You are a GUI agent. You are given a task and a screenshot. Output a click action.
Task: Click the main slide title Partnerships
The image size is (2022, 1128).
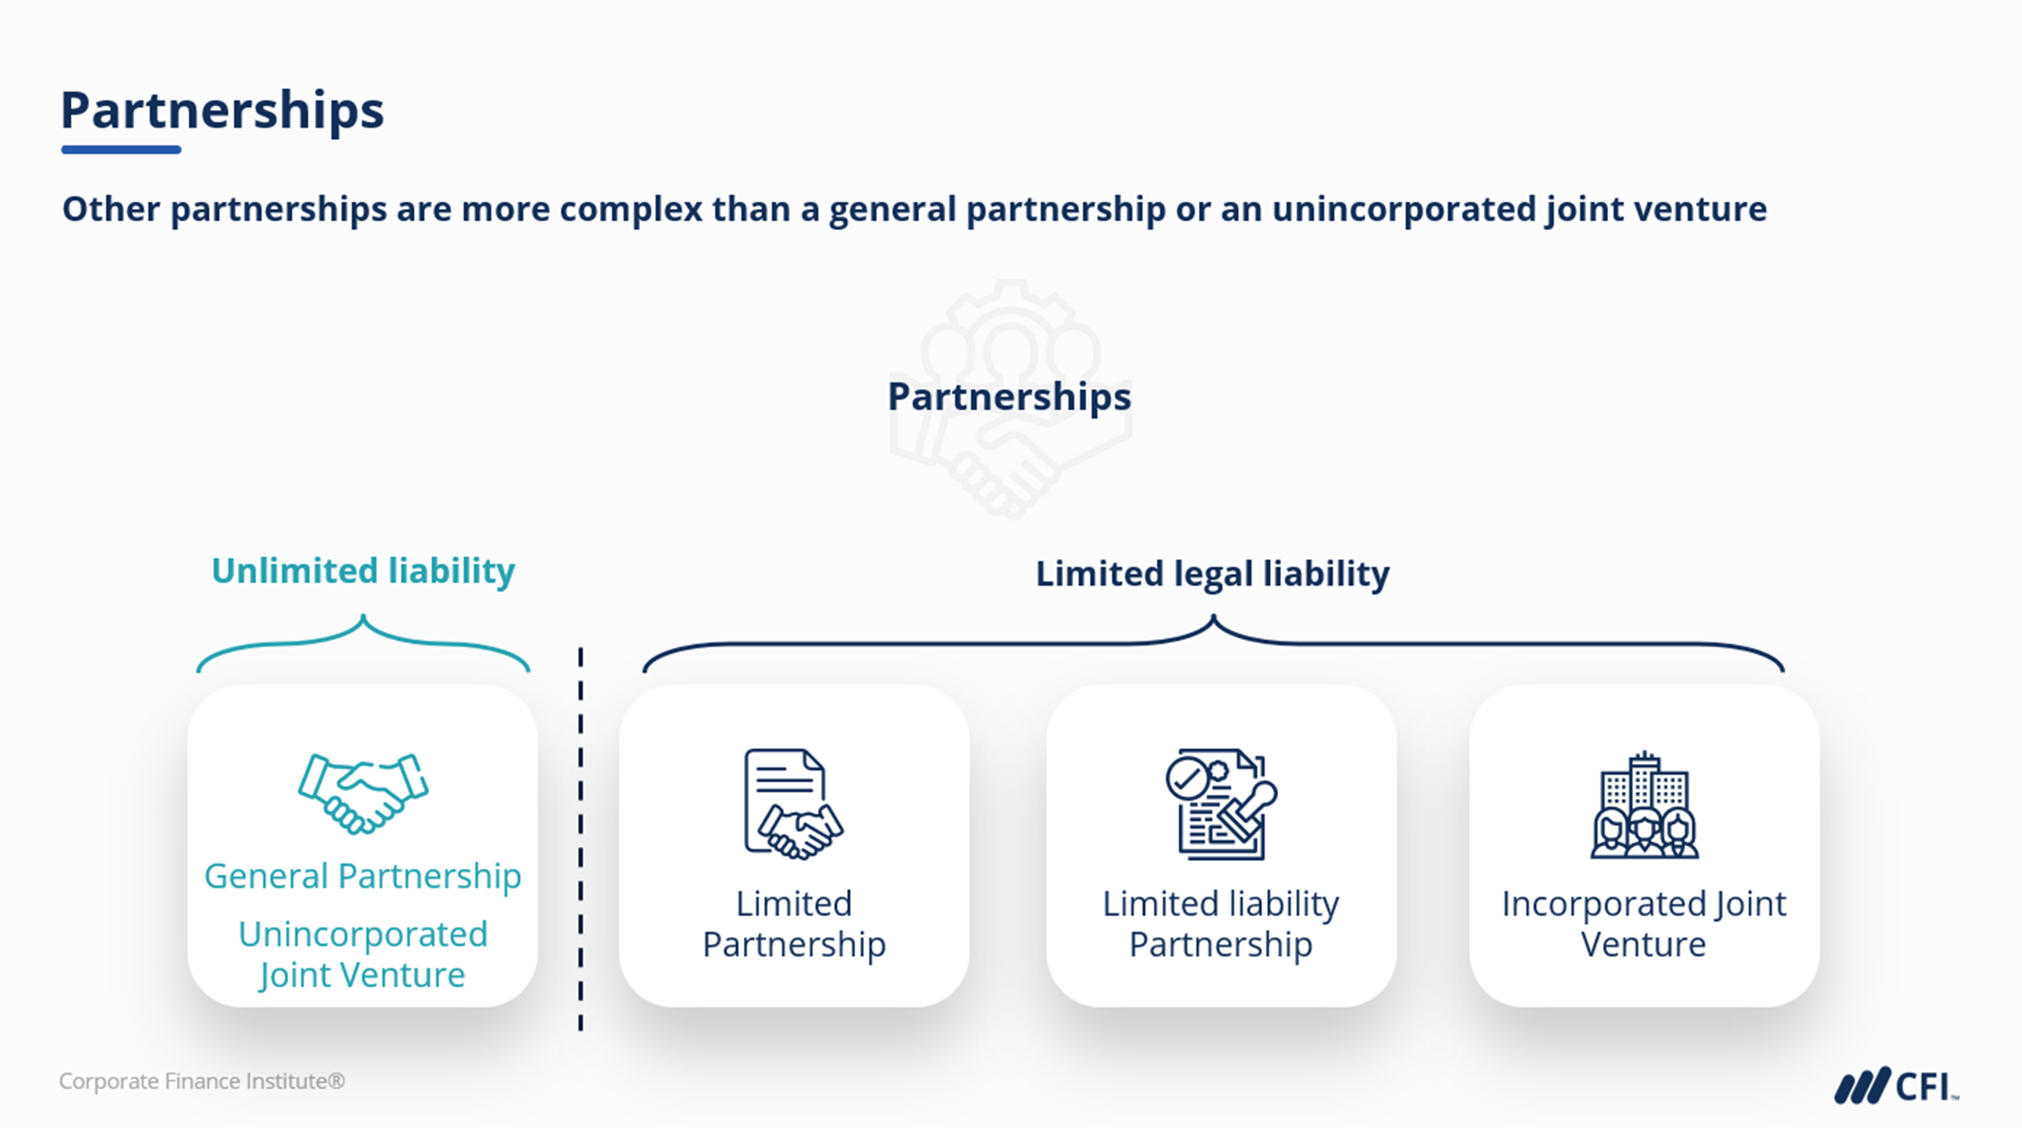coord(222,110)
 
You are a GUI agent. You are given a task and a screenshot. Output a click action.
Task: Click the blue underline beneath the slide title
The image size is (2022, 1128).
coord(121,149)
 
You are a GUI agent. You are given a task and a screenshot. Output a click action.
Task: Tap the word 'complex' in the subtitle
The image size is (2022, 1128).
coord(630,210)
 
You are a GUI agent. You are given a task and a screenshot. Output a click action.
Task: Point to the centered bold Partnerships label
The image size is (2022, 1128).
coord(1009,396)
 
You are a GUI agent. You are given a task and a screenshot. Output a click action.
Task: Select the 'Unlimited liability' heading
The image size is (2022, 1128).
coord(362,570)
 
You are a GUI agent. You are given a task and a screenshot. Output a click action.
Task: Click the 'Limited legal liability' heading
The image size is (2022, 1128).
coord(1212,573)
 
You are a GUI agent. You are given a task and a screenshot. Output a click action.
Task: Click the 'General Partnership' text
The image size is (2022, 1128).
coord(362,876)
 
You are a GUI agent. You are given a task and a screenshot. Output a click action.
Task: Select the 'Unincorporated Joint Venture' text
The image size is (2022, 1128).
coord(362,955)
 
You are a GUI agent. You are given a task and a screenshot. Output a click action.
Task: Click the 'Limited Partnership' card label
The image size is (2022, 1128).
coord(794,924)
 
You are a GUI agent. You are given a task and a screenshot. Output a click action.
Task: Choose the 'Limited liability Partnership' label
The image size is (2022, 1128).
coord(1221,924)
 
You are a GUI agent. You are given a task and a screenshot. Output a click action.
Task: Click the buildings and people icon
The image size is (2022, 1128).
coord(1644,806)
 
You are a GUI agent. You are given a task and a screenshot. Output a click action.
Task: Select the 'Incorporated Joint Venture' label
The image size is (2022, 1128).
coord(1644,924)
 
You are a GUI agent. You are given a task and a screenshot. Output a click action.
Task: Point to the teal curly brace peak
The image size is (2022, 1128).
coord(362,620)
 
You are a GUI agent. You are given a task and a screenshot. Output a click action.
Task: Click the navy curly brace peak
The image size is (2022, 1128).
coord(1213,620)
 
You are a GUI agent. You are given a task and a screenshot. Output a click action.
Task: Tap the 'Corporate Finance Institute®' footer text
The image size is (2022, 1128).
coord(202,1081)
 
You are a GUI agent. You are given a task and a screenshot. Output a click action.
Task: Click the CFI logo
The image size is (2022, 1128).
coord(1895,1086)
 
